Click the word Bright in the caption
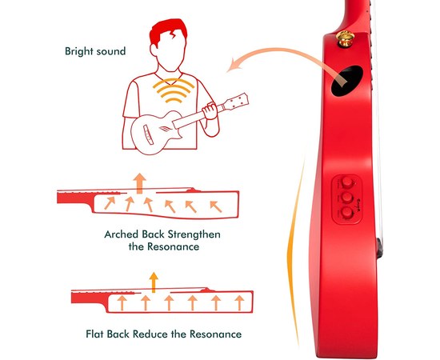click(79, 51)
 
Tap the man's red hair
click(167, 30)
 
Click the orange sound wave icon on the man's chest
click(174, 90)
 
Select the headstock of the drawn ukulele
click(236, 102)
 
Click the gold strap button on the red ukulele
click(345, 38)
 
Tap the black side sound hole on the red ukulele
click(346, 81)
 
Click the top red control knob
click(347, 182)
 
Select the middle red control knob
click(347, 198)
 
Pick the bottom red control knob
click(347, 213)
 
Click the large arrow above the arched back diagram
click(139, 183)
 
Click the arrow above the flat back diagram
click(154, 282)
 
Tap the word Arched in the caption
click(122, 234)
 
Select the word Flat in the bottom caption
click(95, 334)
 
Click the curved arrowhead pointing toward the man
click(234, 64)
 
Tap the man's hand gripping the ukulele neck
click(210, 110)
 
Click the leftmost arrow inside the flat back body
click(122, 302)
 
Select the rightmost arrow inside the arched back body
click(216, 206)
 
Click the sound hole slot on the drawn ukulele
click(148, 134)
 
